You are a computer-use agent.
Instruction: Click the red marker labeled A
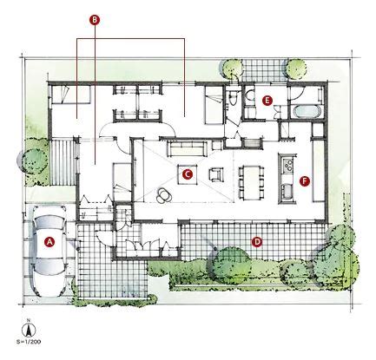point(50,242)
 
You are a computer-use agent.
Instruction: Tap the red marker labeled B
point(95,20)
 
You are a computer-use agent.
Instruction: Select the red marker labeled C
point(188,174)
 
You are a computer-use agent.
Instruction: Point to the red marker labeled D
point(256,242)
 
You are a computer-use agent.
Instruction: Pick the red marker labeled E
point(267,101)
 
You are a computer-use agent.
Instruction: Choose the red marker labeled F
point(305,181)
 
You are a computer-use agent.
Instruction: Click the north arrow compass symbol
point(29,329)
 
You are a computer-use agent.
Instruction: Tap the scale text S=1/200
point(29,342)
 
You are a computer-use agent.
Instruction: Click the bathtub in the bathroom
point(307,112)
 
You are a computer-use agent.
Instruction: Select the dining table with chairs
point(252,183)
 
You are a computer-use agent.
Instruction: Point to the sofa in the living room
point(187,148)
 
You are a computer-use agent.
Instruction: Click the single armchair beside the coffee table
point(216,174)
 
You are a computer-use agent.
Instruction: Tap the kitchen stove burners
point(288,165)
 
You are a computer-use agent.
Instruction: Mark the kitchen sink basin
point(287,192)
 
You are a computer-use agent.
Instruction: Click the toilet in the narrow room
point(232,97)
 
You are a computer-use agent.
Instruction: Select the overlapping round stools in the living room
point(164,195)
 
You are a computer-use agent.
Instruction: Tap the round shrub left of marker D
point(230,265)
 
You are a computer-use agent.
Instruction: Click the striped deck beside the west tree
point(63,162)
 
